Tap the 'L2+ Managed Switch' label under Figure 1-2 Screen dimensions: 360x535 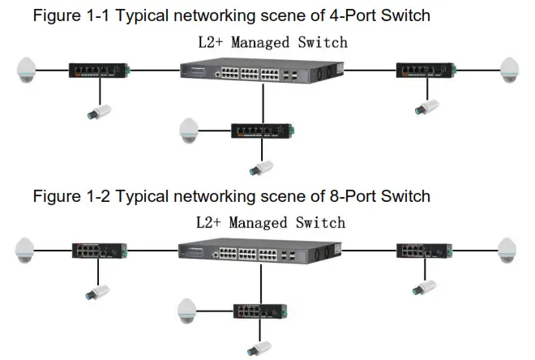(270, 222)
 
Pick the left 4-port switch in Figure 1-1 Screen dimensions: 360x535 (98, 70)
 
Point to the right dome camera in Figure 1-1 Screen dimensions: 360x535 (510, 69)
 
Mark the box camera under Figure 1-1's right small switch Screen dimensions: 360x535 (426, 106)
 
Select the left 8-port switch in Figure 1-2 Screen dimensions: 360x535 (98, 251)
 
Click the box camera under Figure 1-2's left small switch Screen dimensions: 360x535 (98, 291)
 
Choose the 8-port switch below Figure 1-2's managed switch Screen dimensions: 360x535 (260, 311)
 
